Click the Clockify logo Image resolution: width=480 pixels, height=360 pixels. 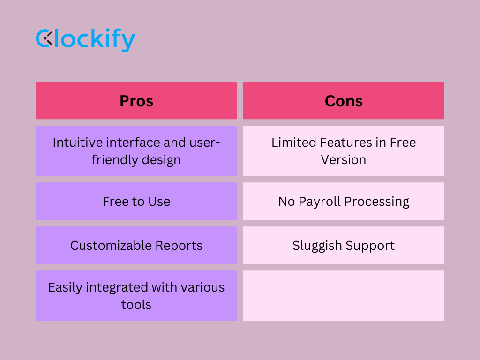(85, 40)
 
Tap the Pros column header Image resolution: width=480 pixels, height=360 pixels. (136, 100)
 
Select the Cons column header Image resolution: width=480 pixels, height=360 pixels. (344, 100)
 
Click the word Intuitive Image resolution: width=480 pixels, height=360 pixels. (78, 142)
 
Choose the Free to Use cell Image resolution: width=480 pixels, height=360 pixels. (136, 201)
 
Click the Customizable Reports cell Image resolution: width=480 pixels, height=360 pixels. (136, 245)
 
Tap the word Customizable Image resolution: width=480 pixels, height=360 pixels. (111, 246)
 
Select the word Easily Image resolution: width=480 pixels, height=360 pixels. (65, 288)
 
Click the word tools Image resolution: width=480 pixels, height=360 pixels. (136, 305)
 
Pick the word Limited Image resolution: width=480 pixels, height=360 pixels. (294, 142)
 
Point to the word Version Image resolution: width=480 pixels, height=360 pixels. (344, 160)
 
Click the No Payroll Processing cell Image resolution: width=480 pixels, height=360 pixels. (344, 201)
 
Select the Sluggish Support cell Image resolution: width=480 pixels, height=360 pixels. (344, 245)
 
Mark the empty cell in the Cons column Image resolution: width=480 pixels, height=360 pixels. (344, 295)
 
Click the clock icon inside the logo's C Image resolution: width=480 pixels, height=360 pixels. (48, 39)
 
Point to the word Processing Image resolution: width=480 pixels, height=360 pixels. (376, 202)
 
